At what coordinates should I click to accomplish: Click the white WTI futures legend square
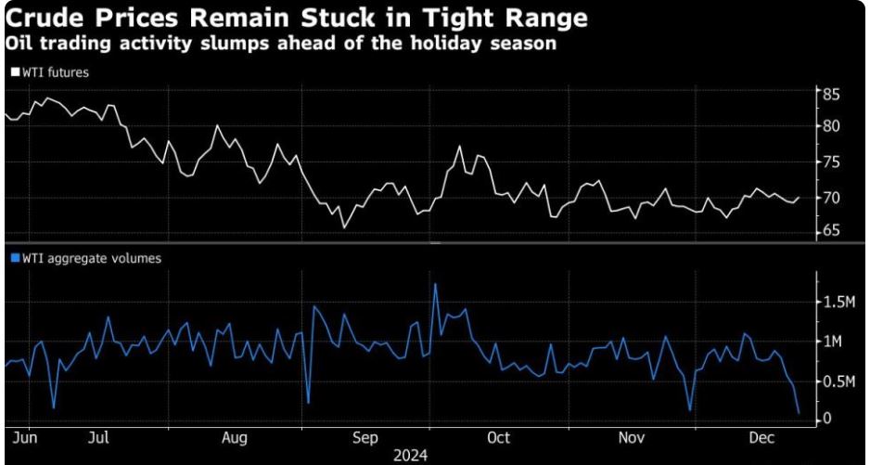click(x=14, y=71)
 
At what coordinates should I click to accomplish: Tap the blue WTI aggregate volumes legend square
click(x=14, y=258)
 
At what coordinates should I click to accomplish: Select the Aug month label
click(x=235, y=436)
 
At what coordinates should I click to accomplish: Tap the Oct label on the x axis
click(x=499, y=436)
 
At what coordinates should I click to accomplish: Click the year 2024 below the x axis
click(x=410, y=456)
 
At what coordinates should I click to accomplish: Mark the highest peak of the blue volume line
click(x=435, y=284)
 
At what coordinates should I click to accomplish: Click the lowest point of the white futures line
click(x=343, y=227)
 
